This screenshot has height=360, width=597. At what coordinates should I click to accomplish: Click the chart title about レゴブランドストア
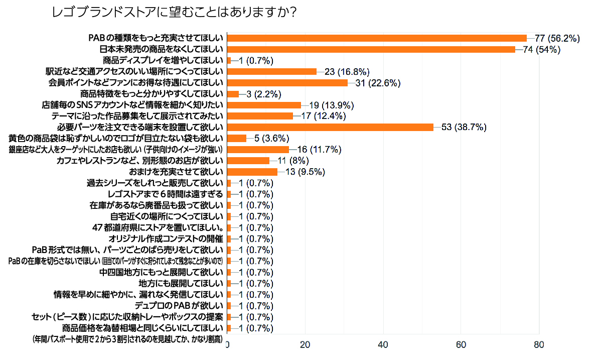click(x=174, y=12)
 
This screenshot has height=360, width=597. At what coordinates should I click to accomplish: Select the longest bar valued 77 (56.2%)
click(x=377, y=38)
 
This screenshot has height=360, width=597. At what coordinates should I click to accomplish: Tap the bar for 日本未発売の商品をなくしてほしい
click(x=371, y=49)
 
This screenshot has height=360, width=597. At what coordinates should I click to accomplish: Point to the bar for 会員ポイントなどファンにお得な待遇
click(x=287, y=83)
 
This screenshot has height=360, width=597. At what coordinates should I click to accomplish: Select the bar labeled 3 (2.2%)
click(x=233, y=94)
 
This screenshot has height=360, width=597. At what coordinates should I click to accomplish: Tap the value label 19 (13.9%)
click(x=332, y=105)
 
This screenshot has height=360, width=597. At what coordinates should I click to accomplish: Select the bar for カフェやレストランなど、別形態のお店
click(x=248, y=161)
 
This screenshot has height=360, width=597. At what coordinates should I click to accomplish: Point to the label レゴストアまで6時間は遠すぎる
click(x=166, y=194)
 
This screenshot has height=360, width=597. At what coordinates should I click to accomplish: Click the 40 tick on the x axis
click(x=383, y=345)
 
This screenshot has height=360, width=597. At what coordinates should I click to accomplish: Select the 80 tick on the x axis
click(x=539, y=345)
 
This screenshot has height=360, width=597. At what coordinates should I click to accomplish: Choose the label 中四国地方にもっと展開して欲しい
click(x=161, y=273)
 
